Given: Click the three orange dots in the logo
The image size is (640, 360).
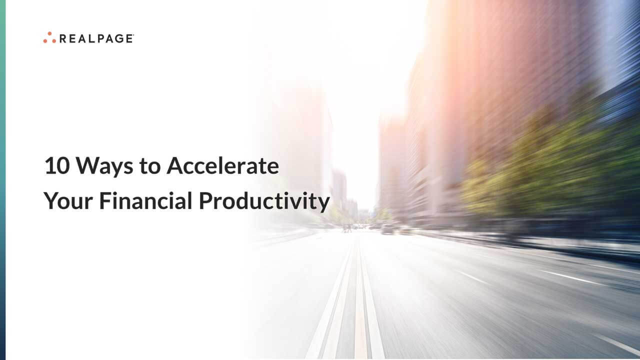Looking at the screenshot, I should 49,38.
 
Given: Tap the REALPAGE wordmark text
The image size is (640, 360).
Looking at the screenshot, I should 96,38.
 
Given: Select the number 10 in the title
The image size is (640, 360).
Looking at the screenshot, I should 54,166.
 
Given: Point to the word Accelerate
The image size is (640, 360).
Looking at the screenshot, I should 222,166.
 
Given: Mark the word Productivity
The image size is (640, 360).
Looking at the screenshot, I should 264,201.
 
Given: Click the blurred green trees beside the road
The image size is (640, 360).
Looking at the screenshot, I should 540,165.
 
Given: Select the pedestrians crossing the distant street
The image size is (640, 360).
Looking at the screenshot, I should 346,227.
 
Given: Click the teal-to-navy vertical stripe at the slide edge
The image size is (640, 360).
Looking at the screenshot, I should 2,180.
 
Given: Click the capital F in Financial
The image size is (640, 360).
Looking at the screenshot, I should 103,201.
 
